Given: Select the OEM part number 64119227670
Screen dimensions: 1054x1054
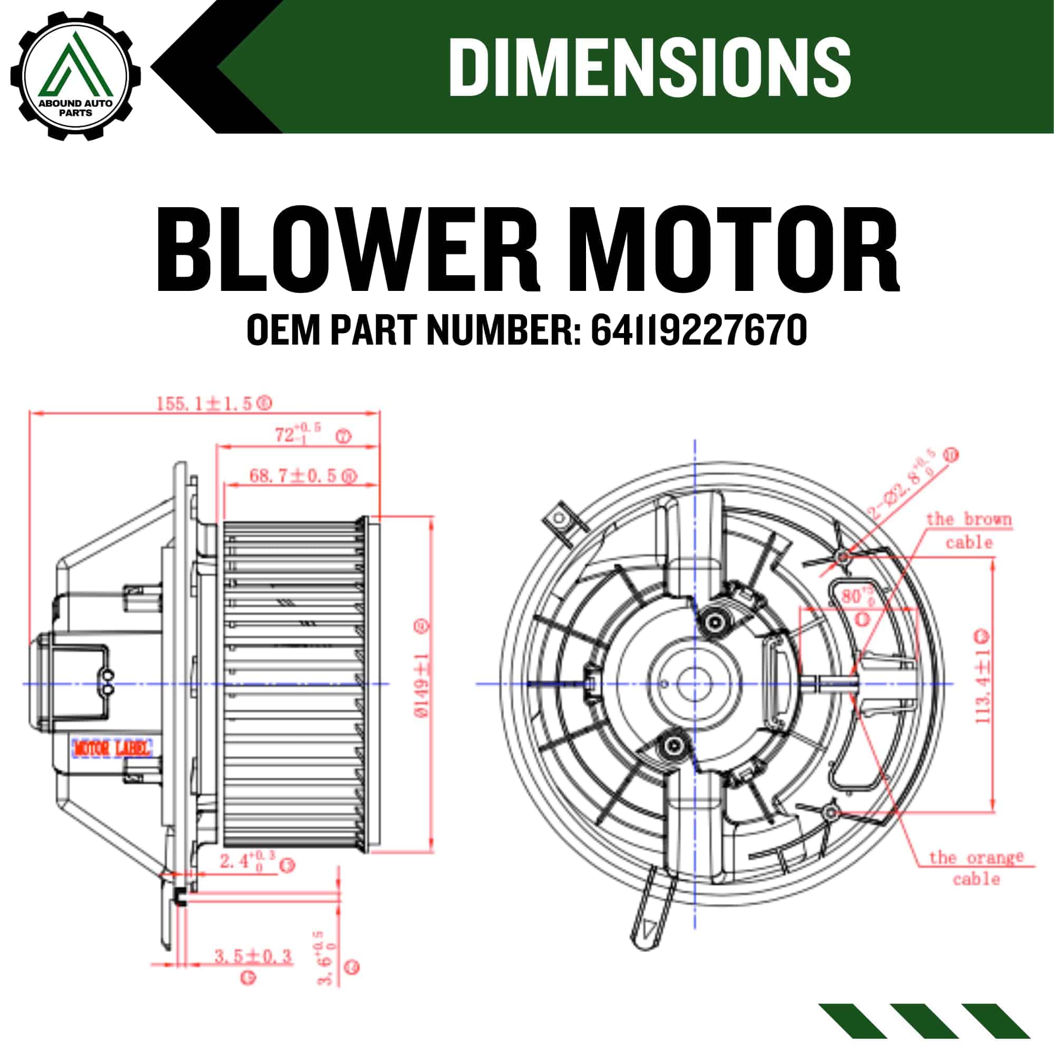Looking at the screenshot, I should (699, 331).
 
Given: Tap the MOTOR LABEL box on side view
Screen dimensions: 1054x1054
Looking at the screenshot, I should (111, 748).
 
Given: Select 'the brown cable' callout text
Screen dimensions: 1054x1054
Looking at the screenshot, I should (968, 530).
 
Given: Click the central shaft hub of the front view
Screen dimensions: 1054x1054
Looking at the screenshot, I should (695, 684).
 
